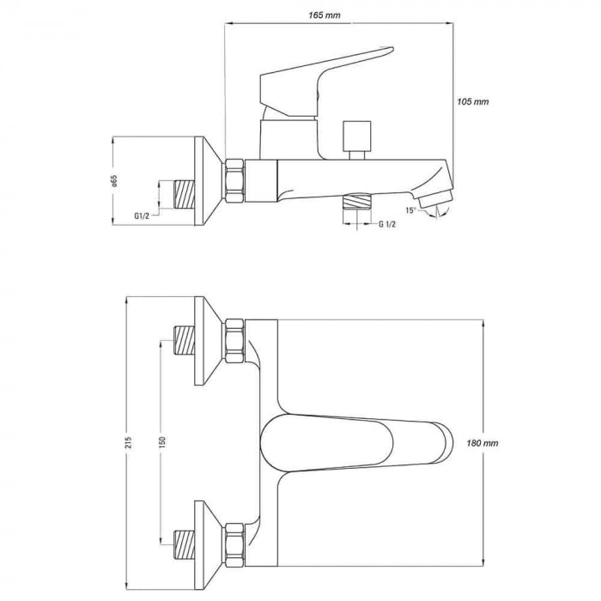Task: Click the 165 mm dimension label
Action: [x=325, y=15]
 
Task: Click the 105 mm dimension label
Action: [x=472, y=101]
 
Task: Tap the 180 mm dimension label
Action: [x=483, y=443]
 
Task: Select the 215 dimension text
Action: [x=129, y=442]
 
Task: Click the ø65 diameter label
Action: [x=114, y=181]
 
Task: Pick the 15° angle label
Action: [x=410, y=210]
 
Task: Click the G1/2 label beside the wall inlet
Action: [x=142, y=216]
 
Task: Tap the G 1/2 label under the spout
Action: [x=387, y=224]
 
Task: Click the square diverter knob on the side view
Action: [x=357, y=136]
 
